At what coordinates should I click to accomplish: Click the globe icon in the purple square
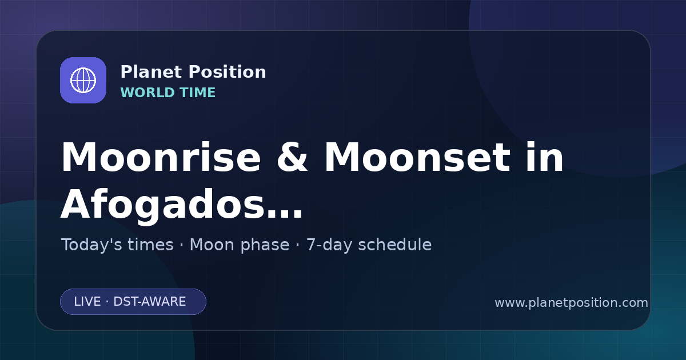83,80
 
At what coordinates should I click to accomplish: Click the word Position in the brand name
228,72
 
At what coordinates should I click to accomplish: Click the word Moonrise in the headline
161,157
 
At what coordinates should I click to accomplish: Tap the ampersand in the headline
292,157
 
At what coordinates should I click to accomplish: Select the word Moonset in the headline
417,157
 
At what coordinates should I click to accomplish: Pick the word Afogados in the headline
162,205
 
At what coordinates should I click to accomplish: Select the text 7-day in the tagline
329,246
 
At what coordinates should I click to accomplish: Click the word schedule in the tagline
395,245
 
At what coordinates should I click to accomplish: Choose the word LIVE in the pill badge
87,302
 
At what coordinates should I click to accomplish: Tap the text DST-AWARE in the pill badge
149,302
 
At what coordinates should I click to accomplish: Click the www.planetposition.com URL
572,303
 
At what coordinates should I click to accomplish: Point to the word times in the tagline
151,245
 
